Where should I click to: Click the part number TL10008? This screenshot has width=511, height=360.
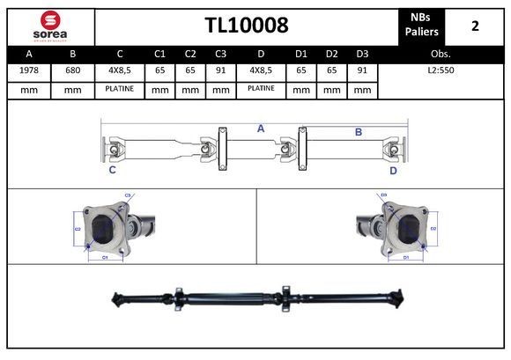(x=247, y=25)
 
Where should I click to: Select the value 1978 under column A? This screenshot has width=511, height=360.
(x=29, y=69)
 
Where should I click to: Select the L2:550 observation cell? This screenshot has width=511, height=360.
(x=441, y=69)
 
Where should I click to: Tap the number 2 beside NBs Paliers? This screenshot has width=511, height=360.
(x=475, y=26)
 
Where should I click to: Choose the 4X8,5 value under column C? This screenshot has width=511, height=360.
(x=119, y=69)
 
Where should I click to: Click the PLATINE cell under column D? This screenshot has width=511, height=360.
(x=261, y=89)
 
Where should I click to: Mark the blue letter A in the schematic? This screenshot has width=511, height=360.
(x=261, y=129)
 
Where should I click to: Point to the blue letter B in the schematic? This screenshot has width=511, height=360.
(x=359, y=132)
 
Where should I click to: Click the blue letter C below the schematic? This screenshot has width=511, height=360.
(x=112, y=171)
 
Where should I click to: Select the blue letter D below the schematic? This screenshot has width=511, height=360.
(x=393, y=171)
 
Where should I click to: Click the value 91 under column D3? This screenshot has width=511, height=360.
(x=361, y=69)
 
